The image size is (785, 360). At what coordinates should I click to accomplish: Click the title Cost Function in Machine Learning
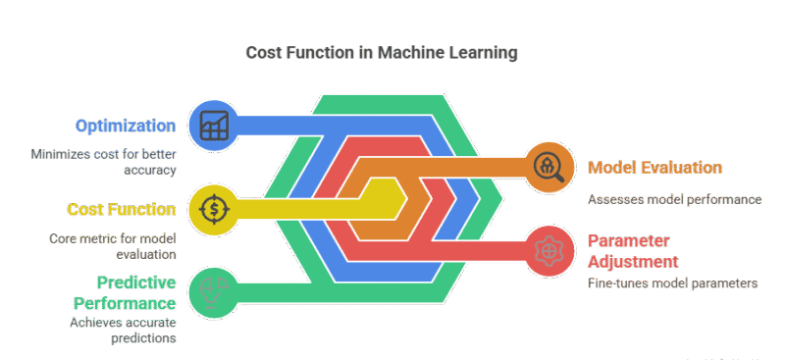tap(381, 51)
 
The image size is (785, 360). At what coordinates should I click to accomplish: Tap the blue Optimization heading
tap(126, 126)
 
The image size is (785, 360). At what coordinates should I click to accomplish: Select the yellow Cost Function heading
tap(122, 209)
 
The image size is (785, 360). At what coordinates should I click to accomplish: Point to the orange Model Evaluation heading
tap(654, 168)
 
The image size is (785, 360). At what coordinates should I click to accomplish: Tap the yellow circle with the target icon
tap(212, 208)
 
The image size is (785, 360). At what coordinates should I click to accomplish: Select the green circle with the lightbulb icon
tap(212, 291)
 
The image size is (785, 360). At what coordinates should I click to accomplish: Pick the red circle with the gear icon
tap(548, 249)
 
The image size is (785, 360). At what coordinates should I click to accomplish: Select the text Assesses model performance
tap(674, 199)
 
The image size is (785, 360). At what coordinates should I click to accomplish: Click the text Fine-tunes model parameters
tap(673, 283)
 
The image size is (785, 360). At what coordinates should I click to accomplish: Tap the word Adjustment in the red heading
tap(633, 262)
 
